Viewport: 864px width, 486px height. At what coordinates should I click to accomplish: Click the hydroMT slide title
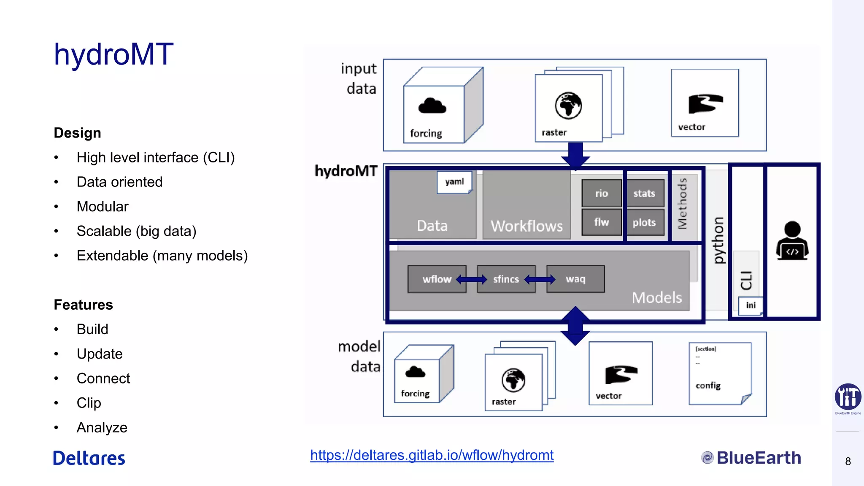click(x=113, y=54)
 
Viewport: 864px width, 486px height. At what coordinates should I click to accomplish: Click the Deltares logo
click(x=89, y=458)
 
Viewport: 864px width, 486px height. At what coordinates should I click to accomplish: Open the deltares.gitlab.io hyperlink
click(x=432, y=455)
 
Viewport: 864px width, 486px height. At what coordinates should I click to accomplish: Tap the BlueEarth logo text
click(x=758, y=458)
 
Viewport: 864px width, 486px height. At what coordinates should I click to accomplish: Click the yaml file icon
click(x=454, y=182)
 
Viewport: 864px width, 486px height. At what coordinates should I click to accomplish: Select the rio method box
click(x=601, y=193)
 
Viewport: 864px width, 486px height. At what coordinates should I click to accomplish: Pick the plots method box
click(x=644, y=222)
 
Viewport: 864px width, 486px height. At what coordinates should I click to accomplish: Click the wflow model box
click(x=436, y=279)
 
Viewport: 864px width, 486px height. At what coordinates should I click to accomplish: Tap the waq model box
click(x=575, y=279)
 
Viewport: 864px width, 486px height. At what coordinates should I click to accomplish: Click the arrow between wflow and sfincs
click(x=472, y=279)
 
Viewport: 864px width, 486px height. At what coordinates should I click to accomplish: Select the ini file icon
click(x=751, y=305)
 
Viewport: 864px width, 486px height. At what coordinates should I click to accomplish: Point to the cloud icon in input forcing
click(x=432, y=106)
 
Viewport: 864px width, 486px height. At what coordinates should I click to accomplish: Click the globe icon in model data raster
click(x=513, y=380)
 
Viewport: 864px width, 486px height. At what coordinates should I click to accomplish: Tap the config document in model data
click(x=719, y=373)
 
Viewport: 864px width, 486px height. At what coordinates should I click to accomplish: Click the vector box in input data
click(x=705, y=103)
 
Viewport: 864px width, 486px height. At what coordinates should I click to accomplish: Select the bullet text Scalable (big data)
click(x=136, y=231)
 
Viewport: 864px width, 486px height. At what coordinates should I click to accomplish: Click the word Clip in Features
click(x=89, y=403)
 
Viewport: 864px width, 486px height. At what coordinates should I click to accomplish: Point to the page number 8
click(x=848, y=462)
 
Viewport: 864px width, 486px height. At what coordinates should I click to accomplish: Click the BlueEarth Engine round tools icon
click(x=848, y=397)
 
